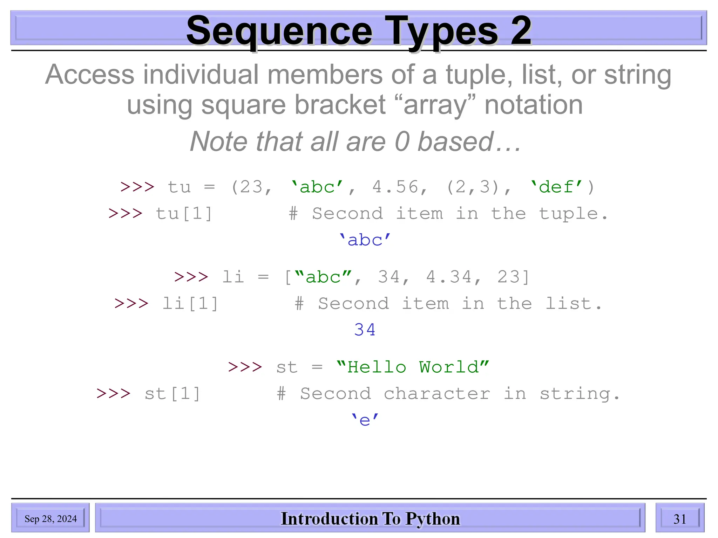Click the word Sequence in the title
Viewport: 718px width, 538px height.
pos(279,32)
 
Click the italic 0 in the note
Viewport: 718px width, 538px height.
pos(402,142)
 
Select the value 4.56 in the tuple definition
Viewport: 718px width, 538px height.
pos(395,187)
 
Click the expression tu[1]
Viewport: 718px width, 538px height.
pos(184,214)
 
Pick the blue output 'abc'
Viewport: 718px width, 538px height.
pos(365,240)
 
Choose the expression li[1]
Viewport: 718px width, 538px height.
pos(190,304)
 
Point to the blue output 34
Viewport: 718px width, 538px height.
pos(365,330)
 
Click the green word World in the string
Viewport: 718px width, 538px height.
pos(449,367)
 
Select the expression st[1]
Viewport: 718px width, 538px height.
pos(172,394)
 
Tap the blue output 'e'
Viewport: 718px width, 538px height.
pos(365,420)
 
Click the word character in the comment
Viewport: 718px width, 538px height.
pos(436,394)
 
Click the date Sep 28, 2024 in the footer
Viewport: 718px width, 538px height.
pos(50,519)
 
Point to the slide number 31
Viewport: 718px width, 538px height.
pos(679,519)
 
